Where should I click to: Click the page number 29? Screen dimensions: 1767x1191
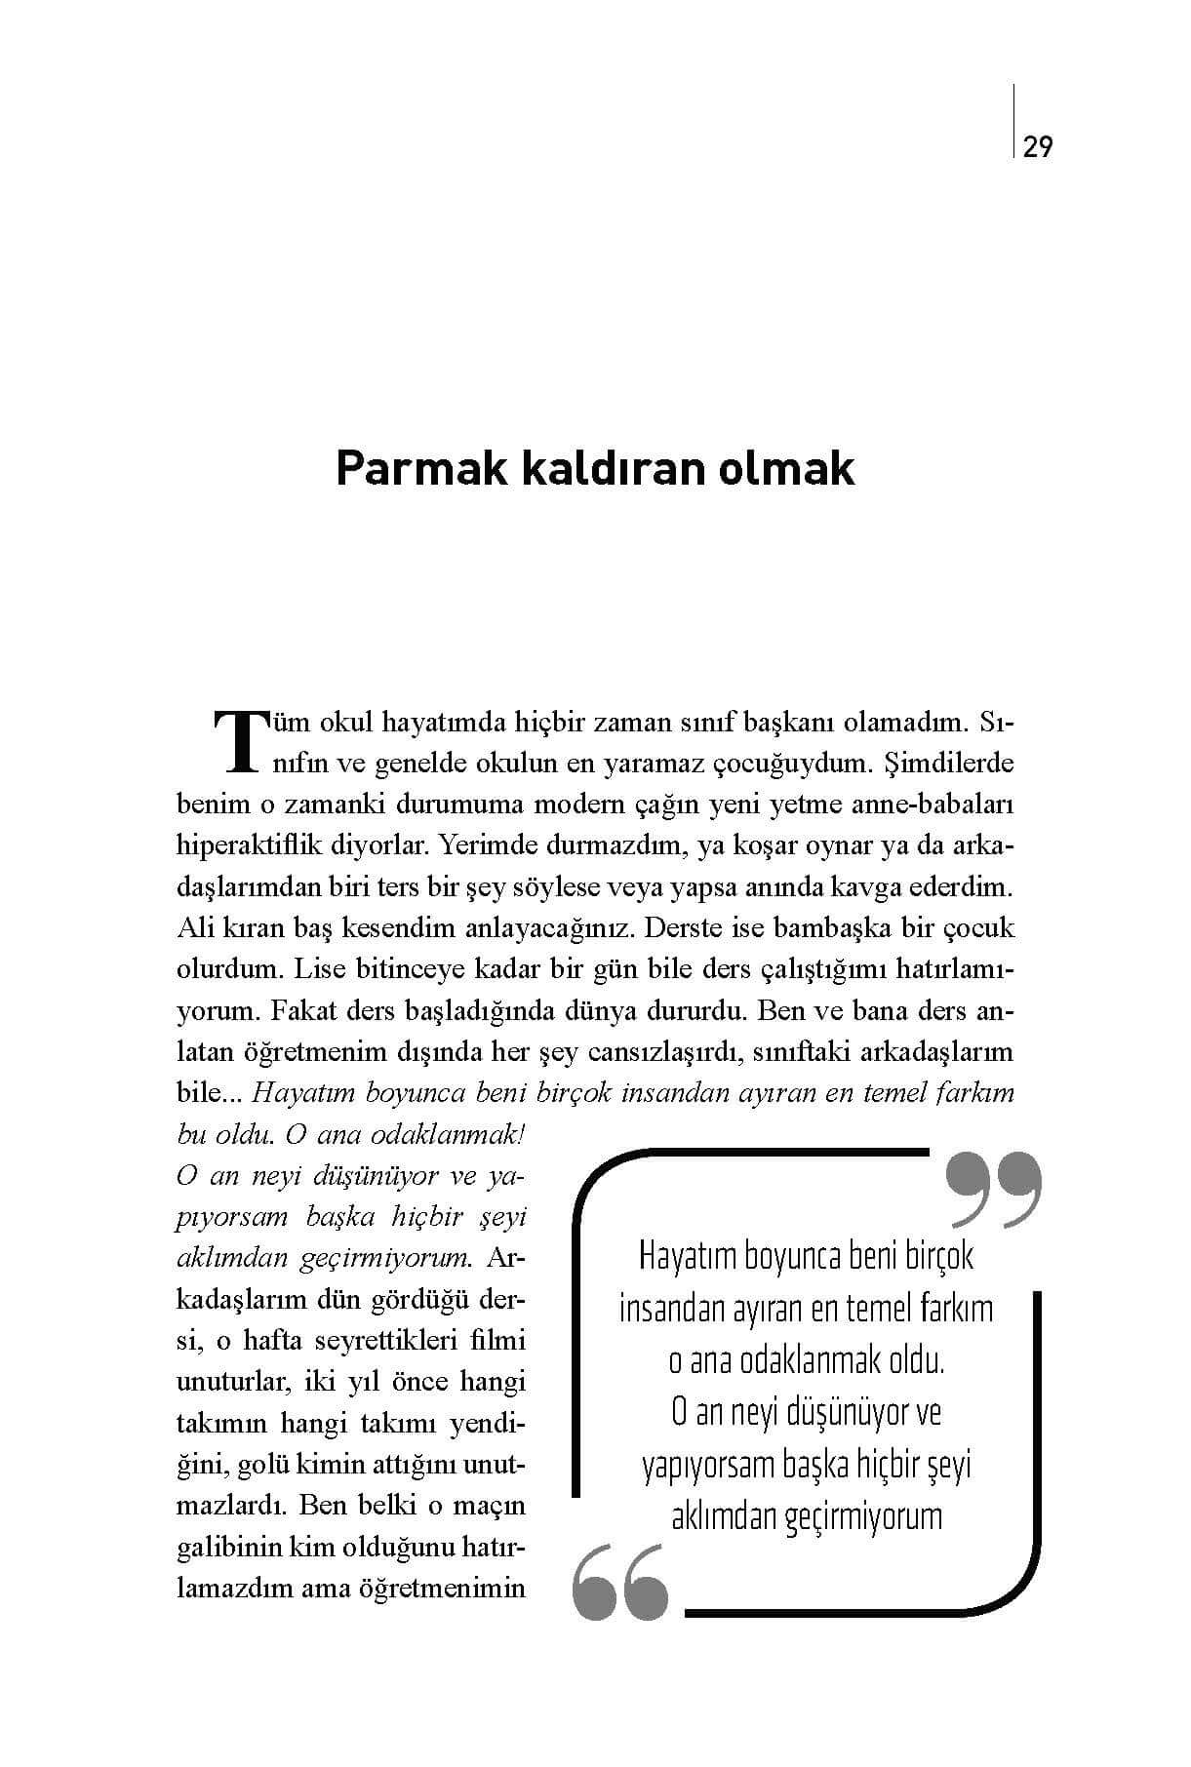(1039, 147)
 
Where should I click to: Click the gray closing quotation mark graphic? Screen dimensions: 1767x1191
(994, 1190)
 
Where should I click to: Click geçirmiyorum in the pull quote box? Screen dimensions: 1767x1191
(866, 1517)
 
